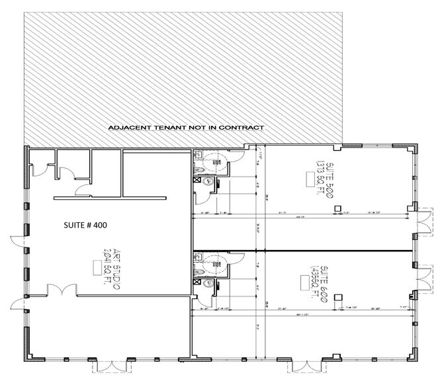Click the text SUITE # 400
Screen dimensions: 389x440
[x=89, y=225]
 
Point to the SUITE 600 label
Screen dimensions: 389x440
[x=318, y=271]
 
